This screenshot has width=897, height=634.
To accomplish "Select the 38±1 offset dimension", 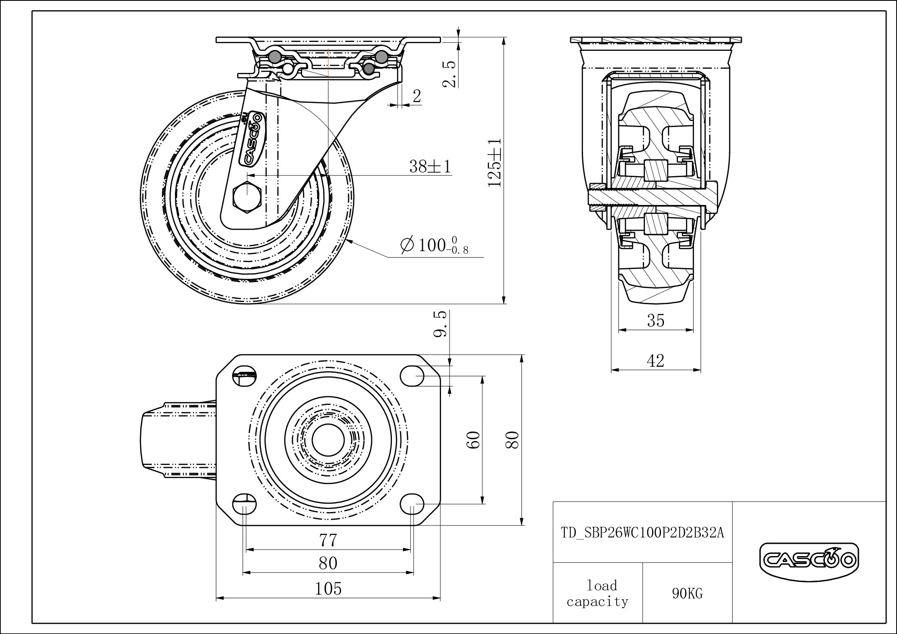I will tap(430, 166).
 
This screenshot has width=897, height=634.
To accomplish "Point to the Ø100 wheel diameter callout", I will tap(435, 246).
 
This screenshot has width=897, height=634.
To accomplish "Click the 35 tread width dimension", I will tap(655, 321).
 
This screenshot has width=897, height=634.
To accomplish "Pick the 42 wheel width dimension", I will tap(655, 361).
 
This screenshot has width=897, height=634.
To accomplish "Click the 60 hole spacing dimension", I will tap(474, 440).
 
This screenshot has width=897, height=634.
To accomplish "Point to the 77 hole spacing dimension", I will tap(328, 540).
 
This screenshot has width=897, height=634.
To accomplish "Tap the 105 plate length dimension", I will tap(328, 589).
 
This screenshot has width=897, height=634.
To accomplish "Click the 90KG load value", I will tap(687, 594).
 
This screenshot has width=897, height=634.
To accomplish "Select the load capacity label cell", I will tap(597, 594).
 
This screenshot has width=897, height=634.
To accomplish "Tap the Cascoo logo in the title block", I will tap(809, 561).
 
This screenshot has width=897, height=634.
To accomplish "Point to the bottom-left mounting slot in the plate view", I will tap(245, 504).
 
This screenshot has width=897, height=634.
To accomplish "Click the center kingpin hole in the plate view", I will tap(328, 440).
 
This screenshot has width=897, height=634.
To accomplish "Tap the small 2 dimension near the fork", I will tap(417, 97).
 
